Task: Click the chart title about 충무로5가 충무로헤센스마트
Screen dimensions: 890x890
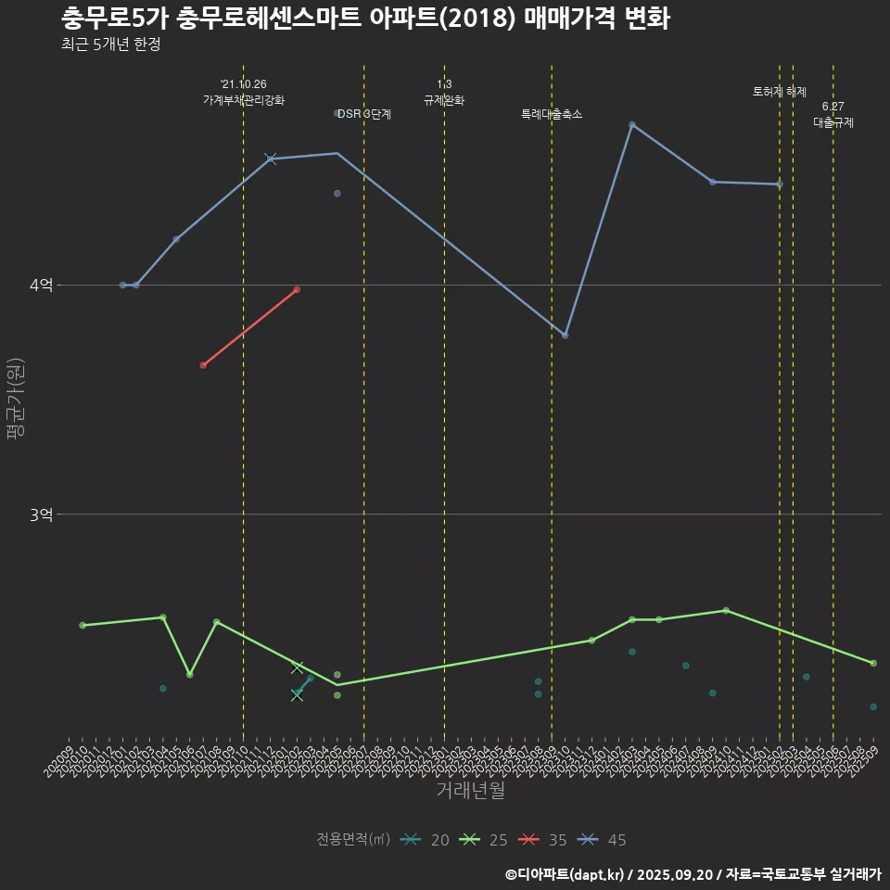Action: point(365,19)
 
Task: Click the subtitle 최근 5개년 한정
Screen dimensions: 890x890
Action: point(110,44)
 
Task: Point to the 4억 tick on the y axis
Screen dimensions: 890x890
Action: point(41,286)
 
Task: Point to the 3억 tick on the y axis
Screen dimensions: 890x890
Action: point(41,515)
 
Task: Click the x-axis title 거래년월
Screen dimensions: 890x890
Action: point(470,791)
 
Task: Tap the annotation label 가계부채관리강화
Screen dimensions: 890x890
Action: point(244,100)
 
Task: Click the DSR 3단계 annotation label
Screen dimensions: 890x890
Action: point(364,115)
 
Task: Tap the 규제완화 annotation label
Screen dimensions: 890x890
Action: point(444,100)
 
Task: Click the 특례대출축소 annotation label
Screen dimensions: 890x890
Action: point(552,115)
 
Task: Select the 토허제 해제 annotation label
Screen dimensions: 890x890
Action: point(780,92)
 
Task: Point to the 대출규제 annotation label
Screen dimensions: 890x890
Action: point(833,122)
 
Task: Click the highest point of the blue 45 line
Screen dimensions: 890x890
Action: point(632,124)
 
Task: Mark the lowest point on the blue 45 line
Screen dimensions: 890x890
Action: point(566,335)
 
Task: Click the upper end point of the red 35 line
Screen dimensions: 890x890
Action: point(297,289)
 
